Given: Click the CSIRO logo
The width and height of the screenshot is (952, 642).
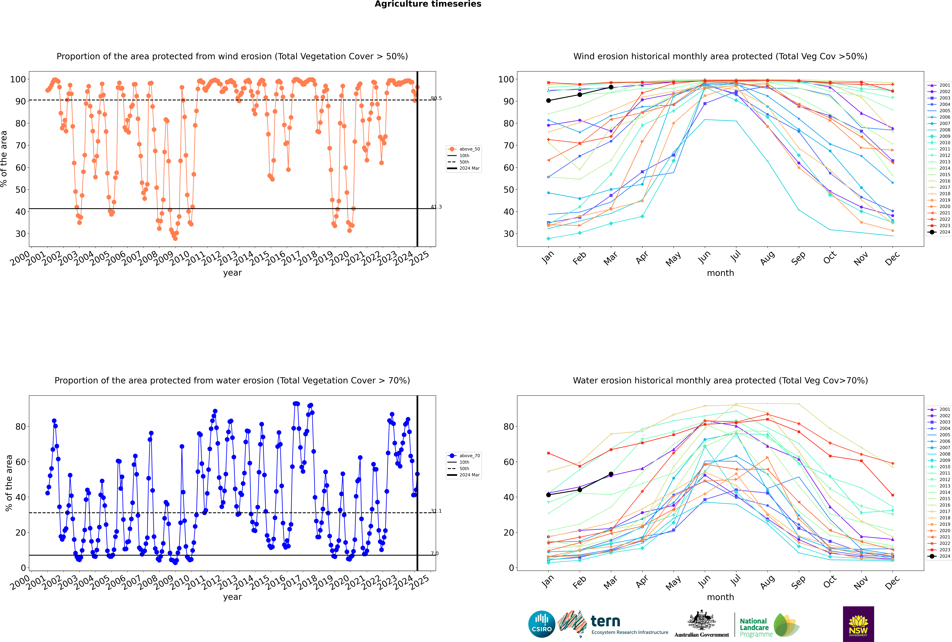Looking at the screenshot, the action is [541, 624].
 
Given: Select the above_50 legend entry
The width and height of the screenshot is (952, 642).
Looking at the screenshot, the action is [464, 149].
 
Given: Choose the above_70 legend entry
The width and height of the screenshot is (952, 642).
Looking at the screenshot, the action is [464, 456].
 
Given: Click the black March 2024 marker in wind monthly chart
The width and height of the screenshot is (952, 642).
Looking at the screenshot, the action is [611, 87].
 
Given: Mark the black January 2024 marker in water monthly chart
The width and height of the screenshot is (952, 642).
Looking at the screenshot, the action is [548, 495].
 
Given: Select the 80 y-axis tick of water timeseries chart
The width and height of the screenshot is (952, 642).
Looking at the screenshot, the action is [20, 427].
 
